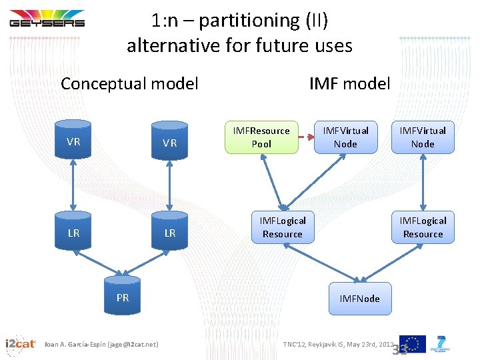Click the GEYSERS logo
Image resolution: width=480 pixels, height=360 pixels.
[x=47, y=19]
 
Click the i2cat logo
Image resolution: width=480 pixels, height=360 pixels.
[x=20, y=343]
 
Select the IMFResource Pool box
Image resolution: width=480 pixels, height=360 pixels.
[x=261, y=137]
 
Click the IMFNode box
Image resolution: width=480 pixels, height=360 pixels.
[x=359, y=298]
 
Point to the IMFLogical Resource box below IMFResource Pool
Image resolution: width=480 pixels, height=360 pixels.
[x=283, y=227]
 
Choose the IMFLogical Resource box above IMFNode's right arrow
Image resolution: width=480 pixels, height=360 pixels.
[x=423, y=227]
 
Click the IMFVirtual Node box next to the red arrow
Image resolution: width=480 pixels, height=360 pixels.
[x=345, y=137]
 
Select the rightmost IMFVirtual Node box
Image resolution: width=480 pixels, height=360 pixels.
[x=423, y=137]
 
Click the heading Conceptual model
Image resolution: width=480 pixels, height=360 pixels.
[x=129, y=83]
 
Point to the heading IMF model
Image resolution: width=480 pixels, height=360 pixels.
[x=349, y=83]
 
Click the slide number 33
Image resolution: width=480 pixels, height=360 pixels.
[x=400, y=350]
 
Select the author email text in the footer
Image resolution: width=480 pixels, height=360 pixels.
[x=101, y=344]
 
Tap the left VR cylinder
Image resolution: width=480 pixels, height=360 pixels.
[x=74, y=141]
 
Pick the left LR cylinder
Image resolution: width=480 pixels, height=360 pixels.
[x=74, y=232]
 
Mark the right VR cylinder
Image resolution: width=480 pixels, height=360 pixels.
[x=170, y=141]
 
